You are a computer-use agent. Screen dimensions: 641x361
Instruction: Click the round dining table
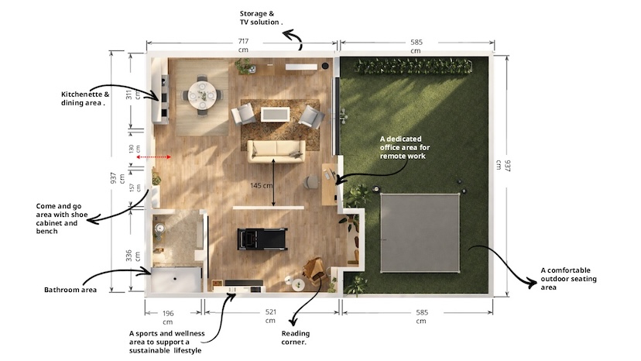coord(202,95)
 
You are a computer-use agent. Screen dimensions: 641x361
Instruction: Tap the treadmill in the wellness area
coord(262,239)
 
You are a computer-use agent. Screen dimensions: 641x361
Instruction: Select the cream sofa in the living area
coord(276,151)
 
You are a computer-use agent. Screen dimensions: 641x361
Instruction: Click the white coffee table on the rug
coord(276,114)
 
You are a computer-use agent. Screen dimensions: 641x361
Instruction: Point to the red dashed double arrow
coord(154,156)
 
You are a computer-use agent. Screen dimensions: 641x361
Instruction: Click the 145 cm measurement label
coord(261,185)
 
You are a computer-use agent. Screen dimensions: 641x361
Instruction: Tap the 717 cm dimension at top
coord(243,45)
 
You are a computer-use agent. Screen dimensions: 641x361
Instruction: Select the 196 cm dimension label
coord(168,317)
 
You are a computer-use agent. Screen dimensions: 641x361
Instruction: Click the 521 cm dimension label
coord(270,316)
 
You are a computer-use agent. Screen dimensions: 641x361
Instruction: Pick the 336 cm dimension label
coord(133,256)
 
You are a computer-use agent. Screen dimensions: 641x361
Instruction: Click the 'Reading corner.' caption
coord(296,338)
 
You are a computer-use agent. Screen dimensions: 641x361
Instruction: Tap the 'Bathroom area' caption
coord(70,290)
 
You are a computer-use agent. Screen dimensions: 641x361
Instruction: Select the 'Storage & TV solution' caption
coord(261,18)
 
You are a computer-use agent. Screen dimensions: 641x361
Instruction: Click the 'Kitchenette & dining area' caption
coord(85,98)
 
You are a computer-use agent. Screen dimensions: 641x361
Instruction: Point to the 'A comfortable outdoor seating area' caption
coord(569,278)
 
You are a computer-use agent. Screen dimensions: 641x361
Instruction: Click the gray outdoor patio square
coord(420,233)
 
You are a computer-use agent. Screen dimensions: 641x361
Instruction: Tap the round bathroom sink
coord(159,228)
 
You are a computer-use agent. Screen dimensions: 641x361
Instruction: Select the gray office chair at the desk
coord(312,181)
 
